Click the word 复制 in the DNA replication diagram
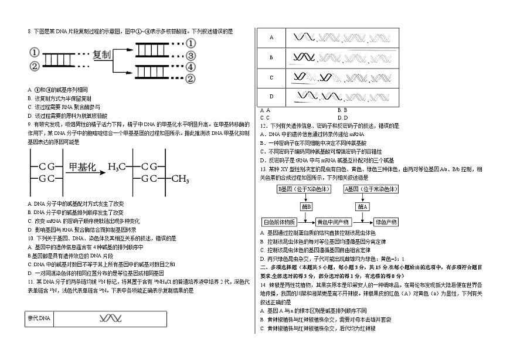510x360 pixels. pyautogui.click(x=103, y=55)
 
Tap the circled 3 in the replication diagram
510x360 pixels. pyautogui.click(x=191, y=56)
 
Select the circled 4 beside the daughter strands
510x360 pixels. pyautogui.click(x=191, y=67)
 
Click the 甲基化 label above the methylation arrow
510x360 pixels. pyautogui.click(x=82, y=167)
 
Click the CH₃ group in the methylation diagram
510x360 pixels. pyautogui.click(x=179, y=178)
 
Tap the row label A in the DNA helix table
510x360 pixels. pyautogui.click(x=271, y=38)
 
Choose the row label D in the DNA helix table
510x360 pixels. pyautogui.click(x=271, y=96)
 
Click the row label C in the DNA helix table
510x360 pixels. pyautogui.click(x=271, y=77)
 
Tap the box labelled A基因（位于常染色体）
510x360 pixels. pyautogui.click(x=372, y=189)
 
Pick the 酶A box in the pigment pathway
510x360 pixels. pyautogui.click(x=363, y=206)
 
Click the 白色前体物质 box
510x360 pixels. pyautogui.click(x=280, y=222)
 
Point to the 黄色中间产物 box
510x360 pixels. pyautogui.click(x=332, y=222)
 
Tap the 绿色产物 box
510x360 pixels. pyautogui.click(x=386, y=222)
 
